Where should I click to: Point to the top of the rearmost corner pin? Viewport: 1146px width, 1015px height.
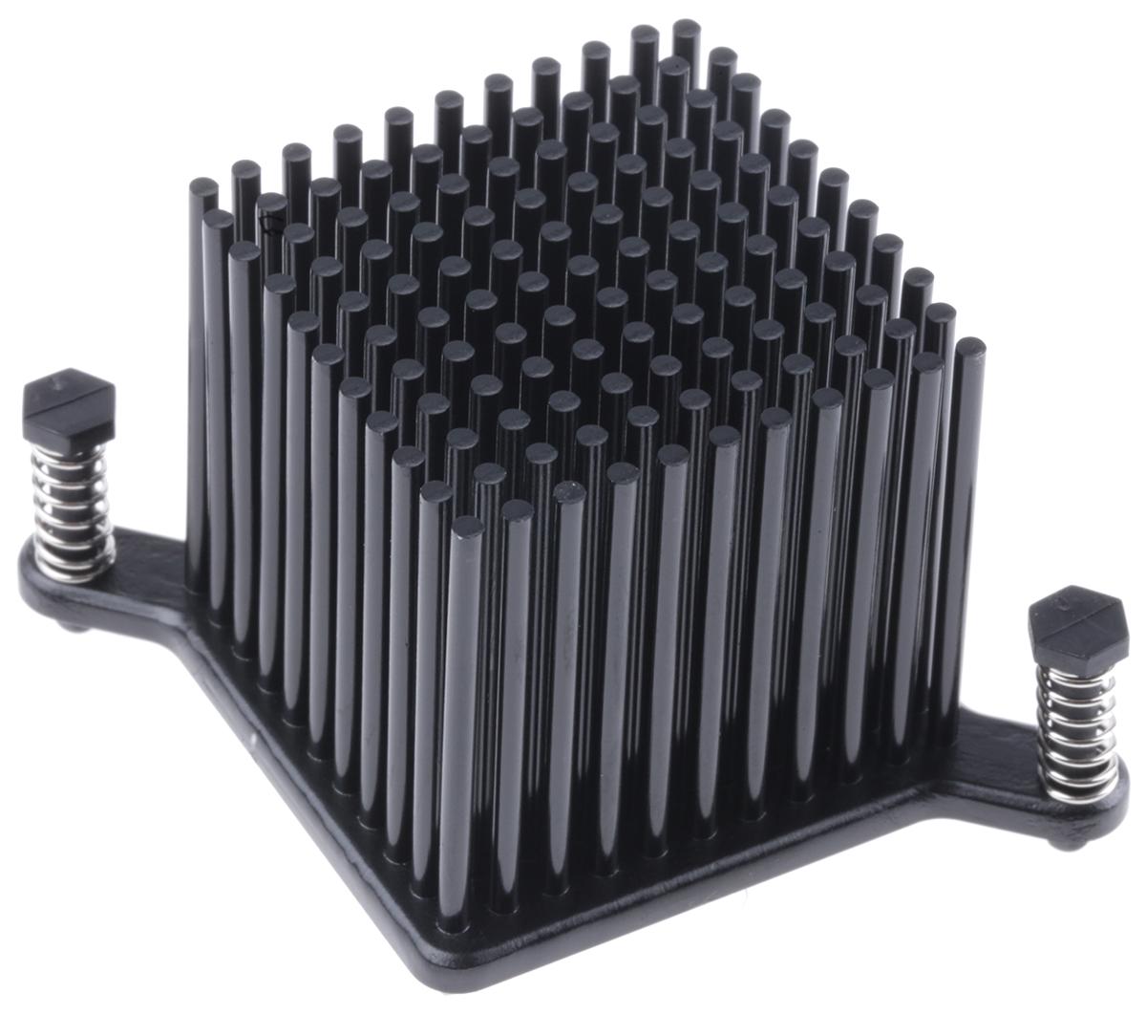pyautogui.click(x=686, y=26)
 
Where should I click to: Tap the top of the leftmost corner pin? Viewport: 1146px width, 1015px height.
pyautogui.click(x=202, y=185)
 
